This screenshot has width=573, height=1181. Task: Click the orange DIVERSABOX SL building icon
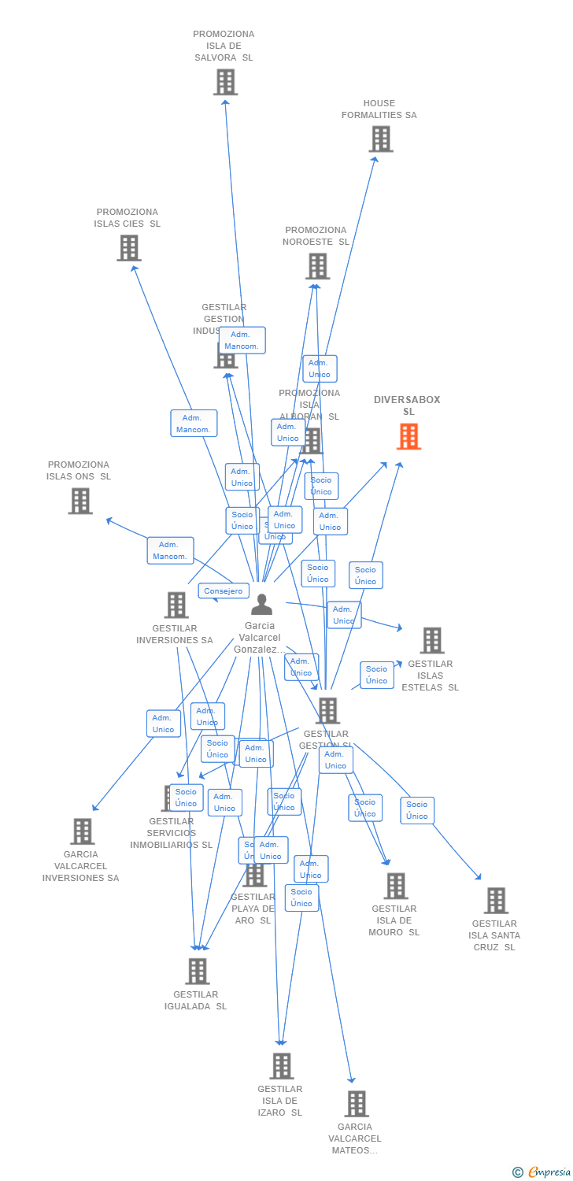click(408, 436)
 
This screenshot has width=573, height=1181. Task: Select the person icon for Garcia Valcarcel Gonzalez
click(261, 604)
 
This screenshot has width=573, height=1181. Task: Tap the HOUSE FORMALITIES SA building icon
click(381, 139)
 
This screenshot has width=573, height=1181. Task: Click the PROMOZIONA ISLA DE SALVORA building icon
click(225, 82)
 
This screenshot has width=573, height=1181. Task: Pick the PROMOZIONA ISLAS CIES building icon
click(129, 248)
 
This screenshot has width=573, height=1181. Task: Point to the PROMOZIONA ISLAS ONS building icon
click(80, 501)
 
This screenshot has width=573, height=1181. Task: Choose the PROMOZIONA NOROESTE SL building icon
click(317, 266)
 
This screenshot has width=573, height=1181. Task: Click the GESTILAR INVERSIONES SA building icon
click(176, 605)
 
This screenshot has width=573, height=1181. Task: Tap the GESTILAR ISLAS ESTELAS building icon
click(431, 640)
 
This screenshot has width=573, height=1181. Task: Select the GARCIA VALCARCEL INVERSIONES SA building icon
click(82, 831)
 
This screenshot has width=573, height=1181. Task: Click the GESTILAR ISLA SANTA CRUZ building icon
click(495, 900)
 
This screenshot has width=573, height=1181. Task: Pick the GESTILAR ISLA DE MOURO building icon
click(395, 886)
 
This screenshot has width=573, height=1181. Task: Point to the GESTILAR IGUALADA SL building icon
click(197, 971)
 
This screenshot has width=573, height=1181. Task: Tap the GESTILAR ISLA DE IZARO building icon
click(281, 1066)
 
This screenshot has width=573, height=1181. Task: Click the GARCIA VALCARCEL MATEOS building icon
click(356, 1103)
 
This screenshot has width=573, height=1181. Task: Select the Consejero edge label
click(224, 590)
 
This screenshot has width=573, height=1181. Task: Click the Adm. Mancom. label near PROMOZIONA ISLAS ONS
click(170, 550)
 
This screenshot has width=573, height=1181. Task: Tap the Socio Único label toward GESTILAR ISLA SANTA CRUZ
click(417, 810)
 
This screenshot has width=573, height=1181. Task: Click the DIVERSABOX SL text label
click(407, 405)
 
